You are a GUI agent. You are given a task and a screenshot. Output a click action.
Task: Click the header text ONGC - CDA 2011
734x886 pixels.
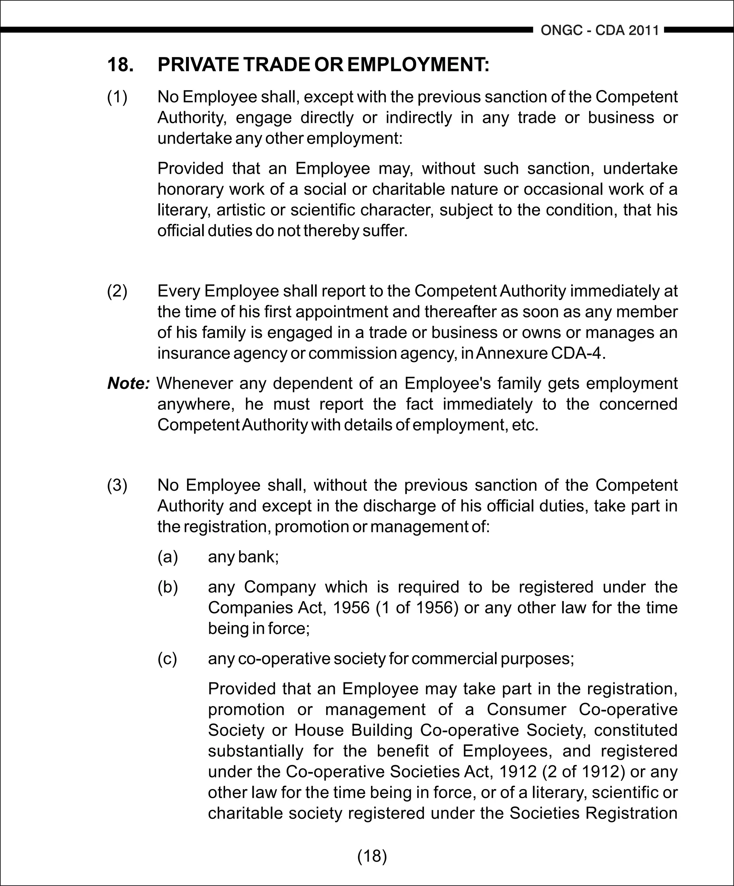coord(600,30)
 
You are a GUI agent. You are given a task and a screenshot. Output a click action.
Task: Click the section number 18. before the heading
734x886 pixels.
coord(121,65)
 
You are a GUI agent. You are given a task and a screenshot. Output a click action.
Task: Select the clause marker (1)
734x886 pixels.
coord(117,97)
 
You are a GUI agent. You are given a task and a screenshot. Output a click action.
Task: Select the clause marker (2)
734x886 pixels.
coord(117,291)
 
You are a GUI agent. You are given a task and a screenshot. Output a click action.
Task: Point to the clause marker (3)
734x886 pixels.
coord(117,485)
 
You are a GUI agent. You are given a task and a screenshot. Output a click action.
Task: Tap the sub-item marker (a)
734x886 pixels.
coord(168,557)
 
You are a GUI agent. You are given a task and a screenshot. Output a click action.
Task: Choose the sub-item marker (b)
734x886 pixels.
coord(168,587)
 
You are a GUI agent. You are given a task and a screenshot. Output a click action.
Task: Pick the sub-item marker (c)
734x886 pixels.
coord(168,659)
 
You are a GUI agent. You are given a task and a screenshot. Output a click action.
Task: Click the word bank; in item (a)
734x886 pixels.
coord(258,557)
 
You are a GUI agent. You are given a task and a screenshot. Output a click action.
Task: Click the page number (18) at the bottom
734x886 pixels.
coord(372,856)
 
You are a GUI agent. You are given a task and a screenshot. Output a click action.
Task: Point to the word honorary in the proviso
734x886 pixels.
coord(190,190)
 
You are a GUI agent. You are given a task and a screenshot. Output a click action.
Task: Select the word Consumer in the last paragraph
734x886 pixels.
coord(526,709)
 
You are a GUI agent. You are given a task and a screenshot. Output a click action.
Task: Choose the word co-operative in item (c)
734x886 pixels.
coord(284,659)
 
